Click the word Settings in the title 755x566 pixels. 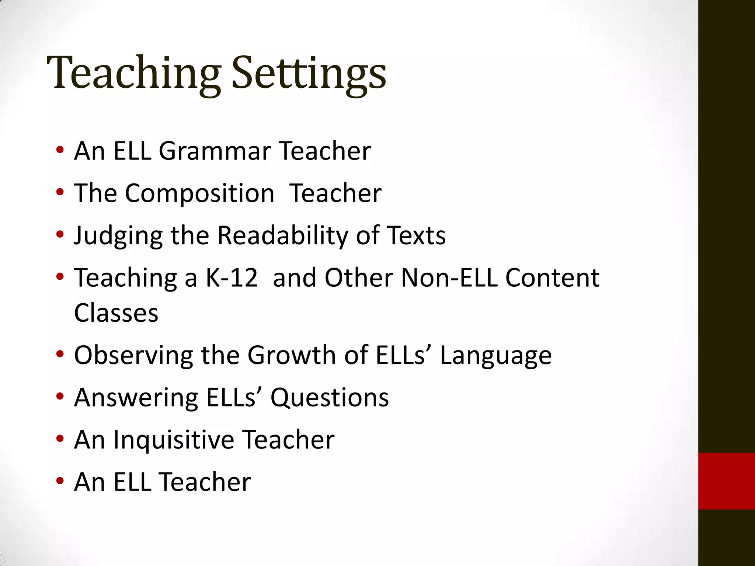[309, 74]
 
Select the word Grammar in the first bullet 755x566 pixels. [215, 151]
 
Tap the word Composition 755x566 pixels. [199, 193]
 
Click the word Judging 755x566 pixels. [118, 236]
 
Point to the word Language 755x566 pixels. [496, 356]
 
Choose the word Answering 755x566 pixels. [136, 398]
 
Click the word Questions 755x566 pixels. [330, 398]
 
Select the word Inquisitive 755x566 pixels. [174, 440]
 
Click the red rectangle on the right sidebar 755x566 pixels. [726, 481]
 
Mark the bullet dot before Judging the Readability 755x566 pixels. [60, 234]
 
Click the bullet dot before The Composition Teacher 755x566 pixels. [60, 192]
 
